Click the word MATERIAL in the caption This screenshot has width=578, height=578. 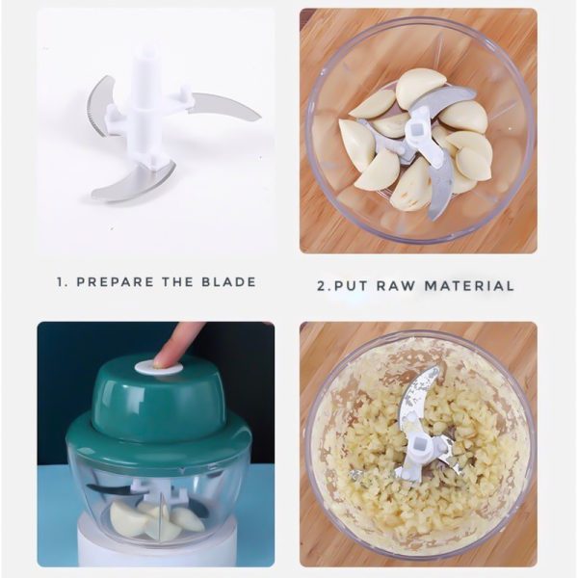(x=469, y=286)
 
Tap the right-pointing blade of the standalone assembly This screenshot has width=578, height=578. (x=222, y=107)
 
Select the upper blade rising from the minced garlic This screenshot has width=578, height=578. (x=419, y=398)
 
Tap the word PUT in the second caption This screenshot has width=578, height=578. (x=351, y=286)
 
